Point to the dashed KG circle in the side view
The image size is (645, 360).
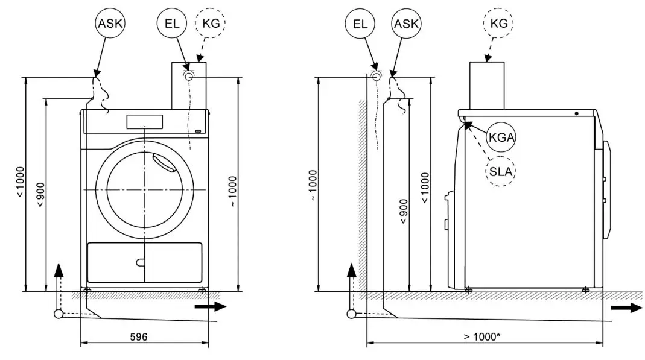pyautogui.click(x=498, y=25)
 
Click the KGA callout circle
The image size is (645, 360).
pyautogui.click(x=501, y=138)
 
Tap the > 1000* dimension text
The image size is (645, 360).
pyautogui.click(x=481, y=336)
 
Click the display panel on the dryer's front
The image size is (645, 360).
pyautogui.click(x=145, y=121)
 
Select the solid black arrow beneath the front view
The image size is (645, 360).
pyautogui.click(x=211, y=306)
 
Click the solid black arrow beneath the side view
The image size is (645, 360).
pyautogui.click(x=626, y=308)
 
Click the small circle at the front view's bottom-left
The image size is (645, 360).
pyautogui.click(x=59, y=314)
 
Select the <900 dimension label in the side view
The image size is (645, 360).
pyautogui.click(x=404, y=211)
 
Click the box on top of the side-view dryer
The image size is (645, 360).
pyautogui.click(x=487, y=85)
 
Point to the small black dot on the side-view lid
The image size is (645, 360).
pyautogui.click(x=577, y=113)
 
